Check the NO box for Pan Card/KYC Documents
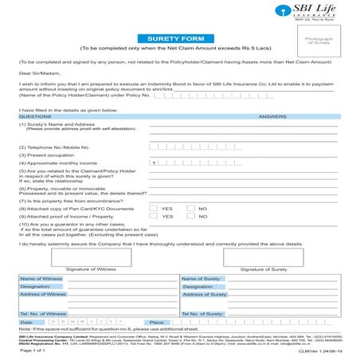pos(191,208)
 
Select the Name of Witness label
pos(41,278)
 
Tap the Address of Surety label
pos(205,295)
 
